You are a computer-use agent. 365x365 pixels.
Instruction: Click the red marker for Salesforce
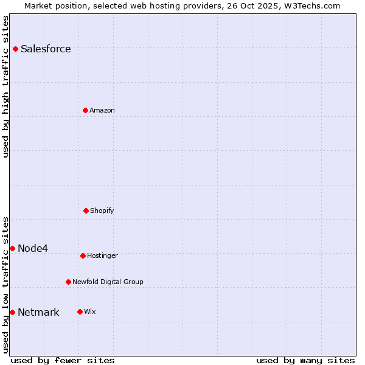[15, 49]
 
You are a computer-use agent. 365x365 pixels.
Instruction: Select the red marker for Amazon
[85, 110]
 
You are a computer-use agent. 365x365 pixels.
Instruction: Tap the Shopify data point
[86, 210]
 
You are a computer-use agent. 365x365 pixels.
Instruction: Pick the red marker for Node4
[12, 248]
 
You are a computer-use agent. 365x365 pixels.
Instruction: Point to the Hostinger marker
[83, 255]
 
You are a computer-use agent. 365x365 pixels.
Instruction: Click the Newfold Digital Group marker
[68, 282]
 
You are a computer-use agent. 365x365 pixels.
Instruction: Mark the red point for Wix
[80, 311]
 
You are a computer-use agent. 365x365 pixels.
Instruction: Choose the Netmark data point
[12, 312]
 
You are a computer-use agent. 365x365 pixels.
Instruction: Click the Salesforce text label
[46, 49]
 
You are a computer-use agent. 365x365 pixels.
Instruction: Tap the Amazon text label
[102, 110]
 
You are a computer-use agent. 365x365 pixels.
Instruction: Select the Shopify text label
[102, 210]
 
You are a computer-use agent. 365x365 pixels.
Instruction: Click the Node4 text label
[33, 248]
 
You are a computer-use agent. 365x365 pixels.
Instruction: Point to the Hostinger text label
[102, 255]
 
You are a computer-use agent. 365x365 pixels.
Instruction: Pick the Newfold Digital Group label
[108, 282]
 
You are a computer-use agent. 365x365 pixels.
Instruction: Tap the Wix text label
[90, 311]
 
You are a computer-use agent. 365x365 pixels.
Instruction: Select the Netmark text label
[38, 313]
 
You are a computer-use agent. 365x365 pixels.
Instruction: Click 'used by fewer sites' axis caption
[63, 360]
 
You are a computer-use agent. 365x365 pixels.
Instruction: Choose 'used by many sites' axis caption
[305, 360]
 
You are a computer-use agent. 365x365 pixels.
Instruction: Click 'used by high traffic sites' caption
[6, 86]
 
